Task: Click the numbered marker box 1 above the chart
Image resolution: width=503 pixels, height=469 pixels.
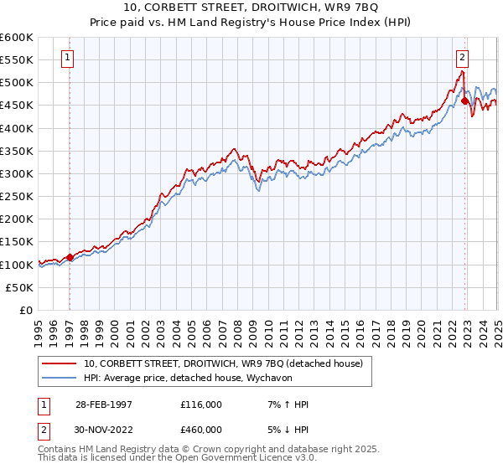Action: [x=66, y=58]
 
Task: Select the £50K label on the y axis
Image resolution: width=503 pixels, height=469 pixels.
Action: [x=20, y=287]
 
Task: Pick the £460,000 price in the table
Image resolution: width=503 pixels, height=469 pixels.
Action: [x=200, y=429]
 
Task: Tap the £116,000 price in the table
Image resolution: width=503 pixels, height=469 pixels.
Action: [x=200, y=405]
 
